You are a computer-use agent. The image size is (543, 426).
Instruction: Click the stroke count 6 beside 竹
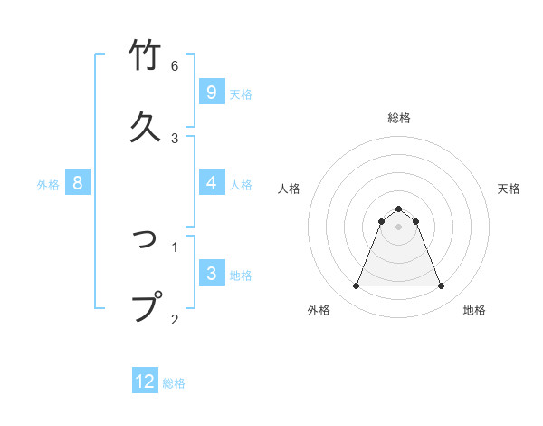tap(175, 66)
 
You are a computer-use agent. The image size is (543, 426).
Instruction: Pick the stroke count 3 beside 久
tap(175, 138)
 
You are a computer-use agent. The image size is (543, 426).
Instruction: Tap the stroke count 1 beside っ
tap(175, 246)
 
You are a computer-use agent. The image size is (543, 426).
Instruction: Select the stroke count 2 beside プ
tap(175, 318)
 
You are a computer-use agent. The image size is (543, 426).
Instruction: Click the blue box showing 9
tap(211, 92)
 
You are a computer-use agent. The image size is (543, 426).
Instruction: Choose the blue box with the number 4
tap(211, 183)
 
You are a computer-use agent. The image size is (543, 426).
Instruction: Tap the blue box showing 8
tap(78, 183)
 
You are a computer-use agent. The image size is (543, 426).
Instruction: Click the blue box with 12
tap(145, 382)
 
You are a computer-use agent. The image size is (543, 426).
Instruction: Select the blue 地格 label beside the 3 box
tap(241, 276)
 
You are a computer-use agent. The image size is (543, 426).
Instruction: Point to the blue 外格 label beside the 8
tap(48, 184)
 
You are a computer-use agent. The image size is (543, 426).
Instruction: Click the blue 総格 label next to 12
tap(174, 383)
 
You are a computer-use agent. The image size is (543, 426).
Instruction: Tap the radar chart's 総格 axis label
tap(399, 118)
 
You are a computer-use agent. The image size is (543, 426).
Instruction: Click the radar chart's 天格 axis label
tap(510, 189)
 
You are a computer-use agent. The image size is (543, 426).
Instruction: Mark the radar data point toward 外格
tap(356, 286)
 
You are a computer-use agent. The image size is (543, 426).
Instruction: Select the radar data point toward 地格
tap(442, 286)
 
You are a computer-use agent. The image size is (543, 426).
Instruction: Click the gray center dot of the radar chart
tap(399, 227)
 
